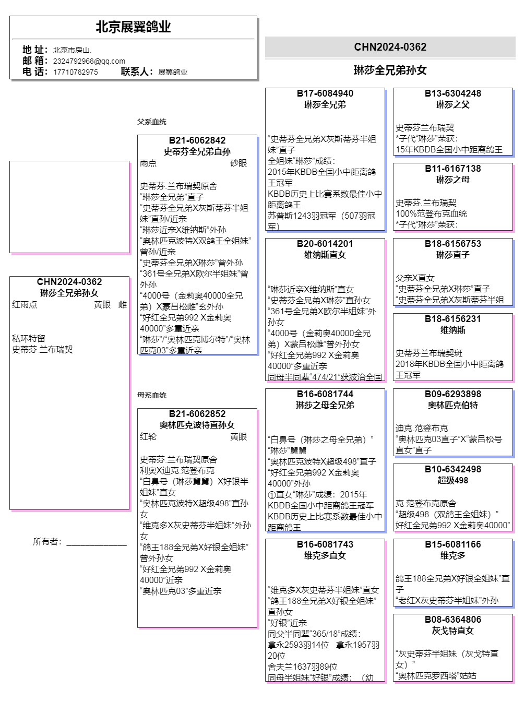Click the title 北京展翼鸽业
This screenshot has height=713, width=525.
tap(133, 27)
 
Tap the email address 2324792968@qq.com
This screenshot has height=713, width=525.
tap(89, 61)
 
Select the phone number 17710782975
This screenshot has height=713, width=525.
tap(75, 72)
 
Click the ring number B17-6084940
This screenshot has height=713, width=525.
tap(325, 93)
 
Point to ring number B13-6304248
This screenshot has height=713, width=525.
tap(452, 93)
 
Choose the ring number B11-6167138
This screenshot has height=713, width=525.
tap(452, 169)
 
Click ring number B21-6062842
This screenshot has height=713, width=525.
tap(197, 140)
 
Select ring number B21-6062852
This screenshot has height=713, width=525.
tap(197, 414)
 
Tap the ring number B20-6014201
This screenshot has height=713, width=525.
tap(325, 244)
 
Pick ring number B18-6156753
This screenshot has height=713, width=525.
tap(452, 244)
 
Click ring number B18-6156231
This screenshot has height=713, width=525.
tap(452, 319)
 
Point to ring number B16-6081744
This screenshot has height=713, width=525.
tap(325, 394)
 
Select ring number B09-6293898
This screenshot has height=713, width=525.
tap(452, 394)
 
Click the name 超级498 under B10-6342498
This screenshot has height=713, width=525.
tap(452, 480)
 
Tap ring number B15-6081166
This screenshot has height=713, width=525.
tap(452, 544)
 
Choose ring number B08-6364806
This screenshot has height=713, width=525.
tap(452, 620)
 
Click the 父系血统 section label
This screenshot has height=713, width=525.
tap(152, 122)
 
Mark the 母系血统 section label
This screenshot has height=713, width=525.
tap(152, 395)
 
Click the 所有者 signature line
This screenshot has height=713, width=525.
tap(96, 544)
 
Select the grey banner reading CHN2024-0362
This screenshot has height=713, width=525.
tap(390, 47)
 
